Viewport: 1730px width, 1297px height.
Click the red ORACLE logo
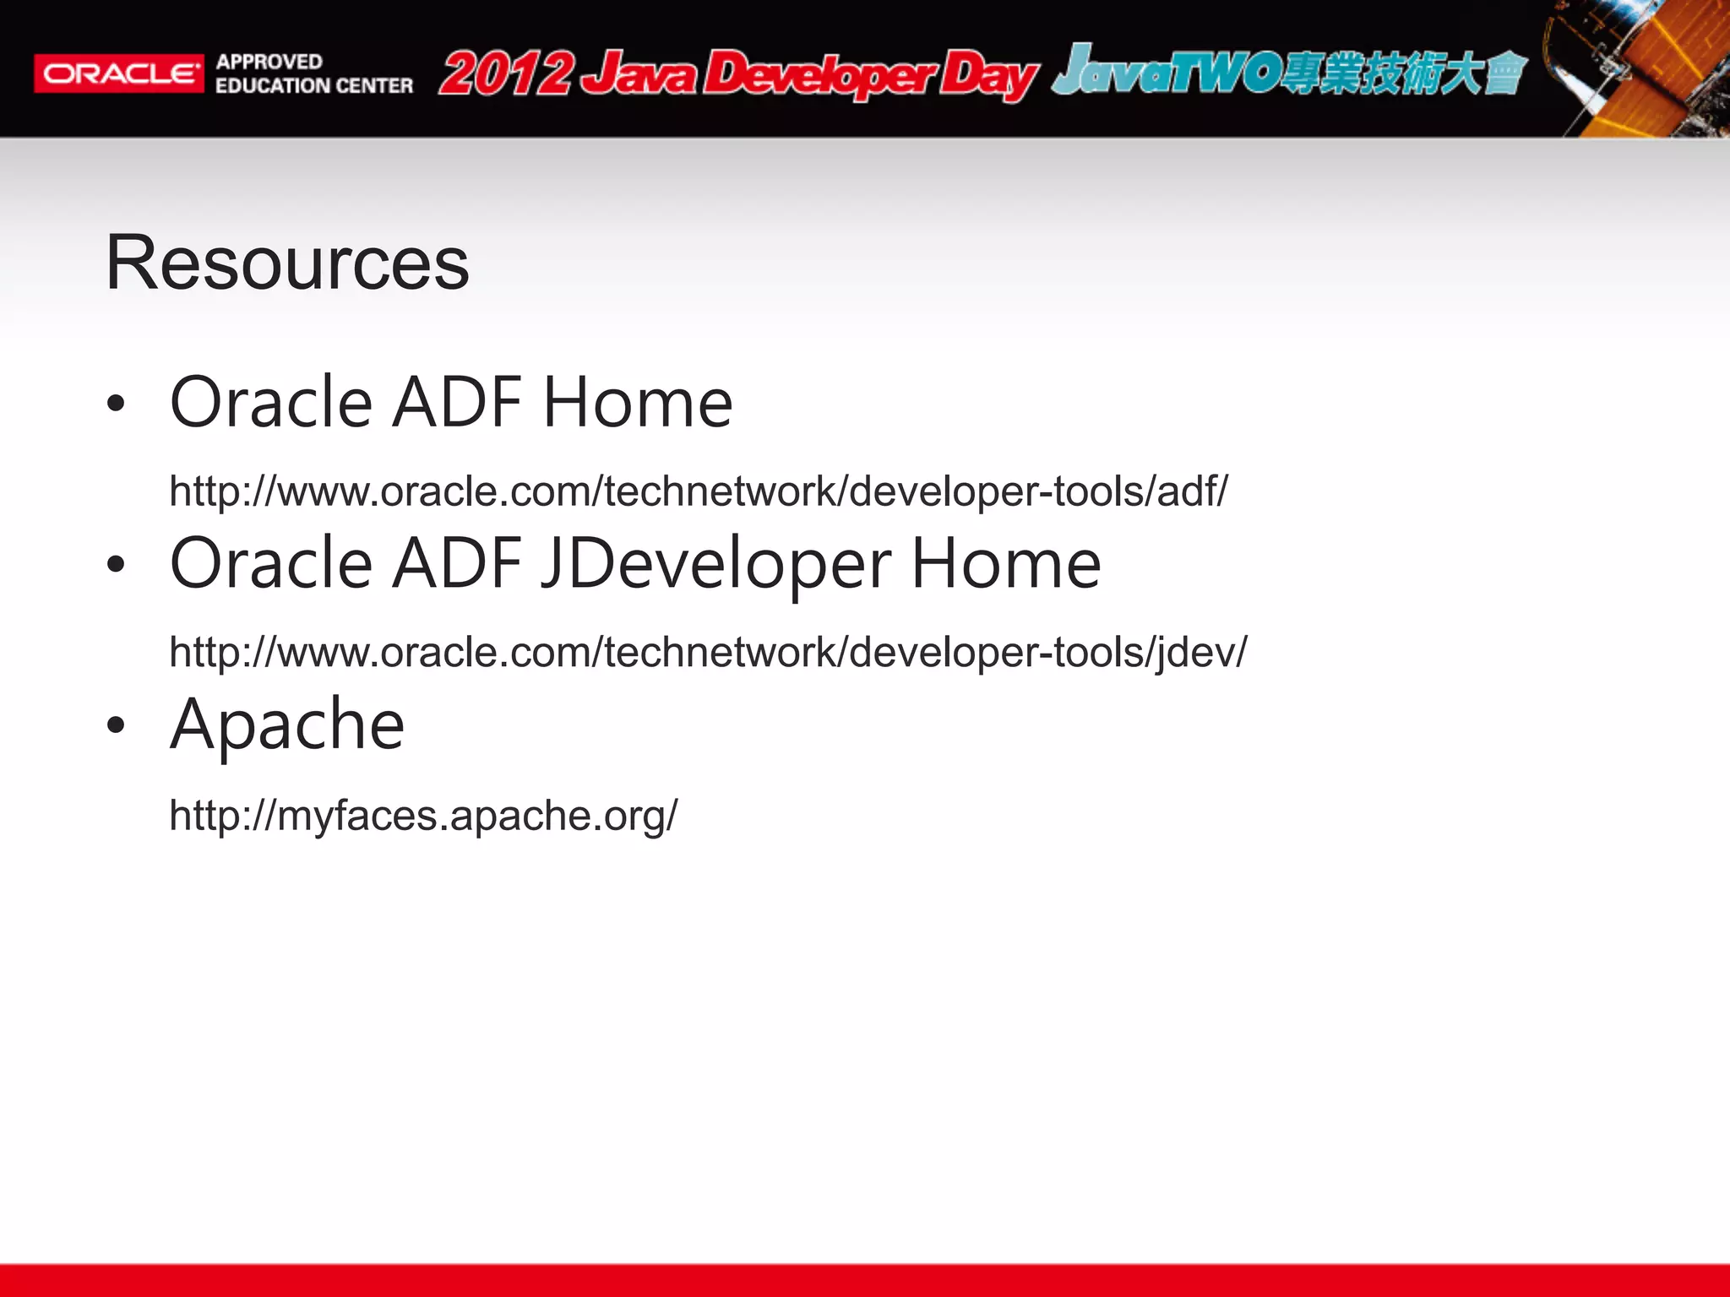118,73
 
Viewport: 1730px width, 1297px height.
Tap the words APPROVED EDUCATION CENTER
313,73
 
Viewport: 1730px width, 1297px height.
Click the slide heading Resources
287,263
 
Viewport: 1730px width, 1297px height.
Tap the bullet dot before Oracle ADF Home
117,404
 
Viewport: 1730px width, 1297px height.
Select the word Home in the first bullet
637,403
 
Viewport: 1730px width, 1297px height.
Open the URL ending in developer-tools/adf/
698,491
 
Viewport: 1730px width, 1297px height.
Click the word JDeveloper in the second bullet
715,564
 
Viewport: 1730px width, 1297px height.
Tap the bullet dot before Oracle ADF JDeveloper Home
117,565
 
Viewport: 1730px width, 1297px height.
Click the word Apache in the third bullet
287,725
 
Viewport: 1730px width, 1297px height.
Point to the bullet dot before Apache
117,725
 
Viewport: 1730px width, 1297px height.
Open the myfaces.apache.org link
422,816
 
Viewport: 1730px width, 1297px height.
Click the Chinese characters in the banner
1402,73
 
